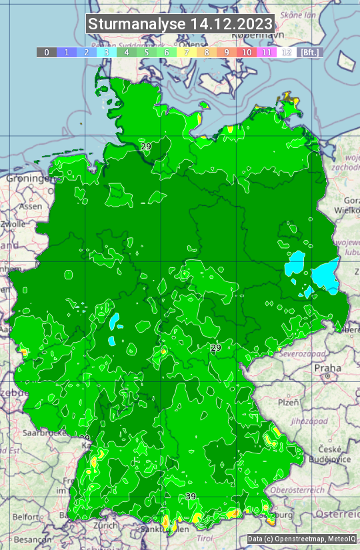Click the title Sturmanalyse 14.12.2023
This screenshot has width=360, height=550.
click(x=180, y=24)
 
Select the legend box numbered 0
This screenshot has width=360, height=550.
click(x=46, y=52)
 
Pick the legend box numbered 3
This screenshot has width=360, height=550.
click(x=106, y=52)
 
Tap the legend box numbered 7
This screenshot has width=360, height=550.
click(x=187, y=52)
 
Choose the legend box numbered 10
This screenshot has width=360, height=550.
click(x=247, y=52)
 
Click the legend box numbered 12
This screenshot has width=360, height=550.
click(x=287, y=52)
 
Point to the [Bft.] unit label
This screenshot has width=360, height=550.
click(x=309, y=52)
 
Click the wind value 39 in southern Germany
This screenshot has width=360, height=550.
click(x=191, y=497)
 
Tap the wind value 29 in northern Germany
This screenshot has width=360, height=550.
click(x=145, y=146)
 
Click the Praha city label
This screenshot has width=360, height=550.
click(x=327, y=368)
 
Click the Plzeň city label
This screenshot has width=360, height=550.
click(x=288, y=403)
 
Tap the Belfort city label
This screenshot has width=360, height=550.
click(x=25, y=517)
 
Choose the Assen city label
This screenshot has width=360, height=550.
click(x=31, y=207)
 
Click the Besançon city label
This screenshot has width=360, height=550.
click(x=30, y=539)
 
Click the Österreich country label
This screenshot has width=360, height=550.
click(x=337, y=514)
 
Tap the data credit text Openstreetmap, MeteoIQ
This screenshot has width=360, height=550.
click(x=302, y=539)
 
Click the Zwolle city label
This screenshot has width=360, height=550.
click(x=13, y=225)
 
